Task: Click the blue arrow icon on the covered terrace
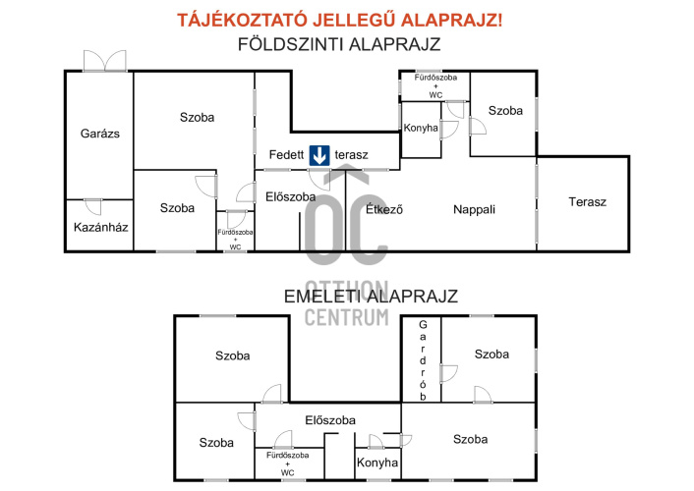click(x=319, y=155)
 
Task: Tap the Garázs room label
click(x=100, y=134)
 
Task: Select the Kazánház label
click(x=101, y=228)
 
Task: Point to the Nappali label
click(x=474, y=210)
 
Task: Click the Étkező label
click(x=384, y=209)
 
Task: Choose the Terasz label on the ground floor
click(x=587, y=202)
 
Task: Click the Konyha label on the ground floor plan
click(x=421, y=128)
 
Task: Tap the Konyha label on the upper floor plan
click(x=377, y=463)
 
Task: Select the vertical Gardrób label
click(x=423, y=360)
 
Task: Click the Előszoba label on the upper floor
click(x=330, y=419)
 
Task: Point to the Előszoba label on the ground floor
click(x=291, y=196)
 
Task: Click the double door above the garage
click(x=105, y=61)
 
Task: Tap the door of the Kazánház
click(x=92, y=206)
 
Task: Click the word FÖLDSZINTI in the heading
click(x=291, y=44)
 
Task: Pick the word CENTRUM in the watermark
click(x=347, y=317)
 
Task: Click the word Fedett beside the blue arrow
click(x=286, y=155)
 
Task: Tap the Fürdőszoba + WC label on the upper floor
click(x=288, y=464)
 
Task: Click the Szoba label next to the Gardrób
click(x=492, y=354)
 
